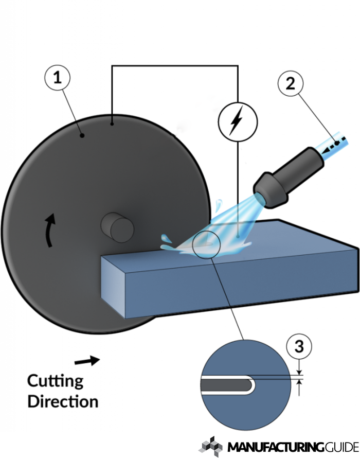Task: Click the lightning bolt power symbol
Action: pos(236,121)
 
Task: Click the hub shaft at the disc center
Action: pos(117,227)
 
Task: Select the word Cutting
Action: pos(55,381)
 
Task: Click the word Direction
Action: pos(63,401)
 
